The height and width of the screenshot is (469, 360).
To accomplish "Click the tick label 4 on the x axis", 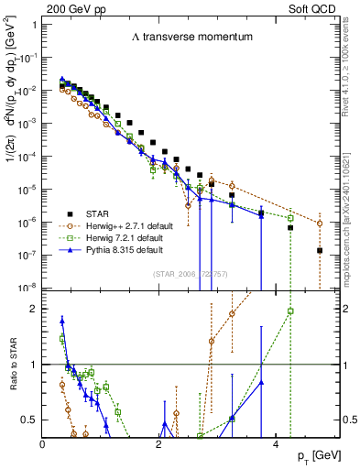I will (x=273, y=444).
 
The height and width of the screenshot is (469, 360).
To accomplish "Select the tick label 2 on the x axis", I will (x=158, y=444).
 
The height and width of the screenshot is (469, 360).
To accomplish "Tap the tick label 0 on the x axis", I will (x=43, y=444).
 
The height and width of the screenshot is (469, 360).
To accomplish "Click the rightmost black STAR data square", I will (x=319, y=250).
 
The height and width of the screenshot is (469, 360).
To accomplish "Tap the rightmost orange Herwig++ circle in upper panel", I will (x=319, y=224).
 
